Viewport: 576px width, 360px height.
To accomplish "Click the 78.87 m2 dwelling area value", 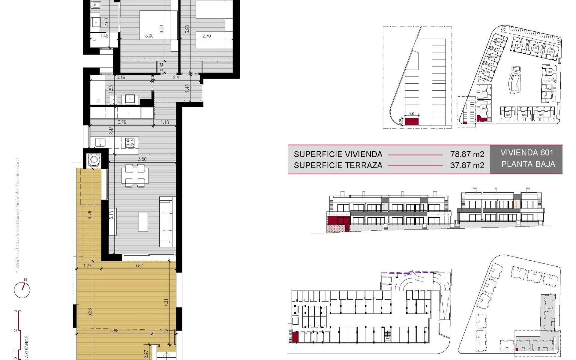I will (x=467, y=154).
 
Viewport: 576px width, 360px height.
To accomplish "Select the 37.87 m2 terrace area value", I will (x=467, y=165).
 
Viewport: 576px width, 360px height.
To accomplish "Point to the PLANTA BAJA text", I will (x=528, y=164).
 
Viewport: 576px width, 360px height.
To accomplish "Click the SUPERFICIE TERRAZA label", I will (x=338, y=165).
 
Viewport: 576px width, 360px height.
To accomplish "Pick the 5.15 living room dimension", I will (x=111, y=215).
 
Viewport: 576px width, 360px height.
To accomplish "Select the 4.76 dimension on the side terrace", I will (x=90, y=215).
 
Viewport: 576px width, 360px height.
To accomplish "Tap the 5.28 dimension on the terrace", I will (x=90, y=312).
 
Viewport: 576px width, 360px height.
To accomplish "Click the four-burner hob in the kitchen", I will (x=130, y=142).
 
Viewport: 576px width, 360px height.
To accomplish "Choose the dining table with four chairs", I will (x=135, y=175).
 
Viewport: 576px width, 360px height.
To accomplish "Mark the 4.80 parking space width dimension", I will (x=412, y=114).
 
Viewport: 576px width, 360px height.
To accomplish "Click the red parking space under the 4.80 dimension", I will (x=412, y=121).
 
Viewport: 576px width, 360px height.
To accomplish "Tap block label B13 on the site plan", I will (x=551, y=52).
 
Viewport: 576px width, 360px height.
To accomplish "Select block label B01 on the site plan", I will (x=550, y=72).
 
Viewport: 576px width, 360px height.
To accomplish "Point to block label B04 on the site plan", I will (x=524, y=115).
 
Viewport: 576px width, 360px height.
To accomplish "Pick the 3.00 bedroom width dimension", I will (x=149, y=36).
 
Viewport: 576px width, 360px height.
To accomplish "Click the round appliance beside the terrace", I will (x=94, y=160).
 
